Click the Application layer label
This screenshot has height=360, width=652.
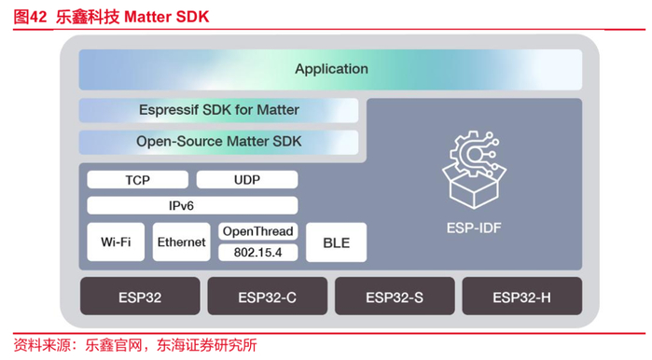coord(331,69)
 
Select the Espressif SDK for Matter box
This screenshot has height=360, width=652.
coord(218,110)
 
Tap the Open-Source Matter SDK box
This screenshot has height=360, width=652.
coord(218,142)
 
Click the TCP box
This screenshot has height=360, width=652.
coord(138,180)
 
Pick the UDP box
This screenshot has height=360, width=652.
coord(247,180)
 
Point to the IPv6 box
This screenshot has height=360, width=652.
coord(192,205)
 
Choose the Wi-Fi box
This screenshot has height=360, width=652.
coord(116,242)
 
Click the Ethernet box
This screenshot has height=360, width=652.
coord(181,242)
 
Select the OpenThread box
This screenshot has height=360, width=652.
coord(257,231)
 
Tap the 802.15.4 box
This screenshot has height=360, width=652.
coord(257,253)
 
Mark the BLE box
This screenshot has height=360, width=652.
coord(337,242)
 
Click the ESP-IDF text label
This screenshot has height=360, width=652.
coord(474,228)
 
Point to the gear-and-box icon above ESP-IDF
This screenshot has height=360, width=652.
coord(474,170)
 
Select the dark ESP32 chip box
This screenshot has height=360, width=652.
coord(140,296)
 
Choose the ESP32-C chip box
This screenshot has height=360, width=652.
coord(268,296)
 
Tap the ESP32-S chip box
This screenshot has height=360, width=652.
coord(395,296)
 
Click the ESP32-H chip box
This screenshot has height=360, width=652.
coord(522,296)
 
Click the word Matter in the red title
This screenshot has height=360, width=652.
coord(148,17)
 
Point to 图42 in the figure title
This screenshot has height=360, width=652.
coord(30,17)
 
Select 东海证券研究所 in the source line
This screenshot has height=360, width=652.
coord(207,345)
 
